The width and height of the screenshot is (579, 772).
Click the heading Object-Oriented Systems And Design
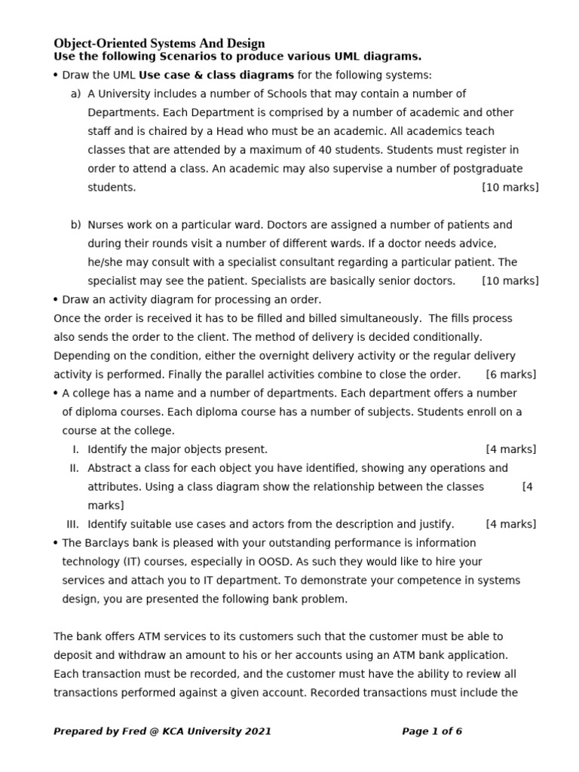pyautogui.click(x=159, y=44)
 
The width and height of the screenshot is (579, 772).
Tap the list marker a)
pyautogui.click(x=75, y=93)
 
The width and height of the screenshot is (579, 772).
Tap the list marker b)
pyautogui.click(x=75, y=225)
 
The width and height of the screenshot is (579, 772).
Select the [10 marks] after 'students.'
pyautogui.click(x=510, y=187)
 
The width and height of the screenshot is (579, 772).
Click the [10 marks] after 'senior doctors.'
pyautogui.click(x=510, y=281)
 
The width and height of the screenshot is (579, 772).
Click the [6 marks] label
pyautogui.click(x=511, y=375)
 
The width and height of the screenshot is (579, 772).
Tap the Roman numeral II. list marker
pyautogui.click(x=74, y=468)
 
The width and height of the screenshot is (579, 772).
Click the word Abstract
pyautogui.click(x=111, y=468)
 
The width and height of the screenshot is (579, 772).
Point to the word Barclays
pyautogui.click(x=107, y=543)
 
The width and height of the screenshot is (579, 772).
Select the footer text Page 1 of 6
pyautogui.click(x=432, y=731)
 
